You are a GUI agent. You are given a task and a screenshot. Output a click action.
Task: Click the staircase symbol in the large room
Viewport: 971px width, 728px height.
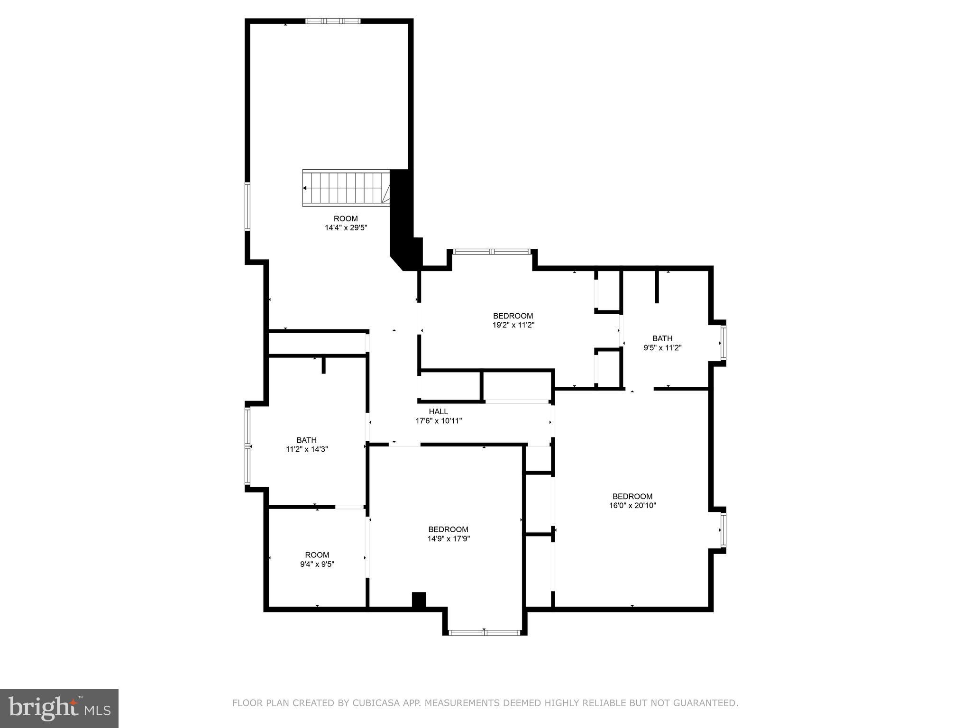tap(346, 188)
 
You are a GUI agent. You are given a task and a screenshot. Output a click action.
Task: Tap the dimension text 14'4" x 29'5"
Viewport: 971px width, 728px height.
tap(346, 227)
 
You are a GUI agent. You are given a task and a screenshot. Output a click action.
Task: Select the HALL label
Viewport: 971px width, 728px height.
tap(438, 411)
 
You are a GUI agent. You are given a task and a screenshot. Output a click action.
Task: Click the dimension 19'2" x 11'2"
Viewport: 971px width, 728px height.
tap(513, 325)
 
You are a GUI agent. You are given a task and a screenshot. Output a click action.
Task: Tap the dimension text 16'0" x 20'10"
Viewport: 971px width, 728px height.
tap(632, 506)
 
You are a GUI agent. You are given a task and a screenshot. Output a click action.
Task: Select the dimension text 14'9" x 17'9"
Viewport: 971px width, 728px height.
tap(448, 538)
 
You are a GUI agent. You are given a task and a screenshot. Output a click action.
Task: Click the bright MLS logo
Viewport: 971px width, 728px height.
tap(59, 708)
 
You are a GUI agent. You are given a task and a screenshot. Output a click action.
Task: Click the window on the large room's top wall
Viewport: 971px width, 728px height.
tap(333, 21)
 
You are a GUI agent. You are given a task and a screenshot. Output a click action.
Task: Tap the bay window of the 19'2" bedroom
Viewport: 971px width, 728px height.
tap(491, 251)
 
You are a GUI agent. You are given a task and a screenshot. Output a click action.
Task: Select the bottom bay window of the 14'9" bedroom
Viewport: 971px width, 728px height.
tap(484, 632)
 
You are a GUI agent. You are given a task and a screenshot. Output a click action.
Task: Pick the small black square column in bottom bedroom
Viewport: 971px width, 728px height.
tap(419, 600)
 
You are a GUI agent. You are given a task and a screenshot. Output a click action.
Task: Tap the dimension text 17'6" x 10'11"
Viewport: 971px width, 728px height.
tap(439, 420)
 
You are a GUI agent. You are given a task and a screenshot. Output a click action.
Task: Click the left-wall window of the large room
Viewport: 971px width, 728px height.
tap(247, 207)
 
